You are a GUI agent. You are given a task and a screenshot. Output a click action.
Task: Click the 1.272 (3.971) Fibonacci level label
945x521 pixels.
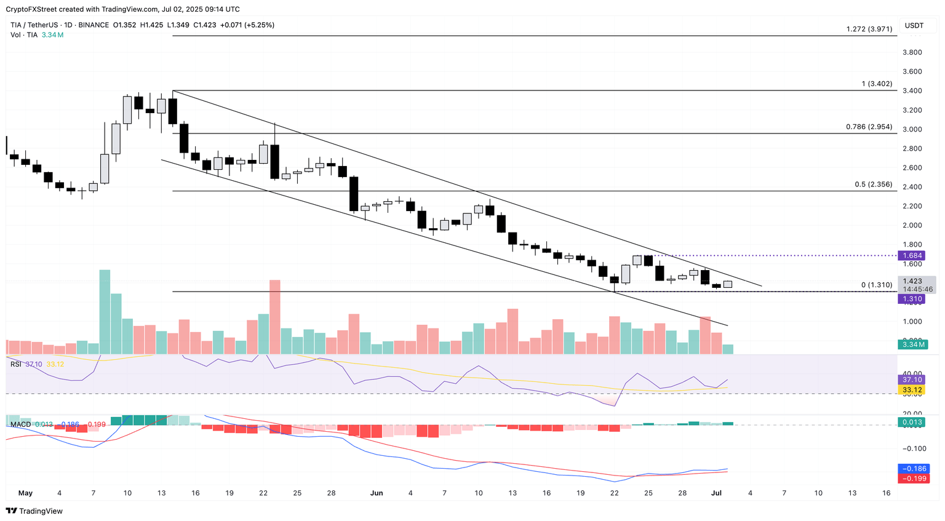[869, 29]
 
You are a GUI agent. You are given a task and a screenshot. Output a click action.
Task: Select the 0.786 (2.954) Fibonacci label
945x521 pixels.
[869, 127]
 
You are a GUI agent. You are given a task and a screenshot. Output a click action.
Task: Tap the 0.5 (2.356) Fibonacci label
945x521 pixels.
[873, 185]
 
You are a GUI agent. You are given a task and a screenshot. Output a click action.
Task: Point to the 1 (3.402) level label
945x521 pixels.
[877, 84]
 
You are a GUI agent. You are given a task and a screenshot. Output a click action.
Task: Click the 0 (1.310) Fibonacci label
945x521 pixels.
[876, 285]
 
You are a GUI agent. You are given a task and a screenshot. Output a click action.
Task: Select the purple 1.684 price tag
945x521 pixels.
[912, 255]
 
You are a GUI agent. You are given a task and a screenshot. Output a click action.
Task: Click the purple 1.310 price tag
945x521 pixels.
[912, 299]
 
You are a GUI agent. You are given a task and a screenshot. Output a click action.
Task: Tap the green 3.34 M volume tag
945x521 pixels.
[913, 344]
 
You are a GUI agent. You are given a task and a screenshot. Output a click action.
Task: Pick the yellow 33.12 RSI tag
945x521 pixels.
[912, 390]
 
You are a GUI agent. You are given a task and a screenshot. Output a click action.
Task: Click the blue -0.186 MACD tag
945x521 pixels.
[913, 469]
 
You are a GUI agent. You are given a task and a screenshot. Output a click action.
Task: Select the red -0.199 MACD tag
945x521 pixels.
[913, 479]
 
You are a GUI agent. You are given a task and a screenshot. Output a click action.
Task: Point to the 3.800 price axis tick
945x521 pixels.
[912, 52]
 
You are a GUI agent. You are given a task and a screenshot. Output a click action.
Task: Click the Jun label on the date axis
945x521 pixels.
[377, 493]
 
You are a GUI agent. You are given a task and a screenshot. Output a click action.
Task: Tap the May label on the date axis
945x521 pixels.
[25, 493]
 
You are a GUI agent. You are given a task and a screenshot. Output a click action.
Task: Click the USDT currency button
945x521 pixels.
[914, 25]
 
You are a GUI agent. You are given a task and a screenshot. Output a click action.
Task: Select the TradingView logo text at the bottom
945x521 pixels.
[41, 511]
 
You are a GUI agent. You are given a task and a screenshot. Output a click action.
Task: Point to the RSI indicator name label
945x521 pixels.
[16, 364]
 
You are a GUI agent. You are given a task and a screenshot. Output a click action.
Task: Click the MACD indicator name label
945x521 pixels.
[20, 424]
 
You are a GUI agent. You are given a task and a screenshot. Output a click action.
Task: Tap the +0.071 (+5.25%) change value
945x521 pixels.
[247, 25]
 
